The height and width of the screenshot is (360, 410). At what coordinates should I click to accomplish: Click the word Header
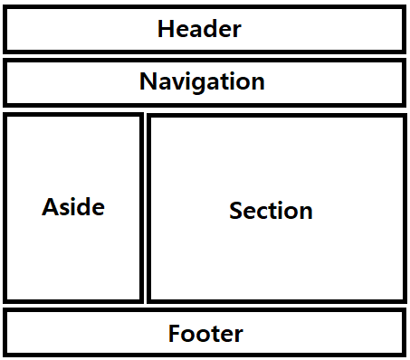pyautogui.click(x=199, y=29)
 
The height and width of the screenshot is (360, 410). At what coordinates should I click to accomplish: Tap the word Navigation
pyautogui.click(x=202, y=81)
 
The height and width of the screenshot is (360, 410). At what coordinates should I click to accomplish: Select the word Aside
pyautogui.click(x=73, y=206)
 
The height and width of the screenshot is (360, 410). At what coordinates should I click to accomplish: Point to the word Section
pyautogui.click(x=271, y=211)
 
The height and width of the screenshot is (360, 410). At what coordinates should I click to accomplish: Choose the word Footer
pyautogui.click(x=205, y=333)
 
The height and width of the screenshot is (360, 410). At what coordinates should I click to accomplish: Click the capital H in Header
pyautogui.click(x=166, y=29)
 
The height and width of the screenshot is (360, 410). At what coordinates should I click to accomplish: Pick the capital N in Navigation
pyautogui.click(x=148, y=81)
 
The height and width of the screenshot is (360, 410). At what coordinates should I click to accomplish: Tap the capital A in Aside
pyautogui.click(x=51, y=207)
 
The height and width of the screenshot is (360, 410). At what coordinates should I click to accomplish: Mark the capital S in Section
pyautogui.click(x=236, y=211)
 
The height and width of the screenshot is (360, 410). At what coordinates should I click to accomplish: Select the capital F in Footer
pyautogui.click(x=175, y=333)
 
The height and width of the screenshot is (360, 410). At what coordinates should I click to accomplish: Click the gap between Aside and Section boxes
pyautogui.click(x=145, y=208)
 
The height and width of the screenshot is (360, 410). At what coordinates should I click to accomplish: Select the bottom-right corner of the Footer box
pyautogui.click(x=405, y=356)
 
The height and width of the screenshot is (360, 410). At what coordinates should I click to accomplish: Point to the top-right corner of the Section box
pyautogui.click(x=406, y=114)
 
